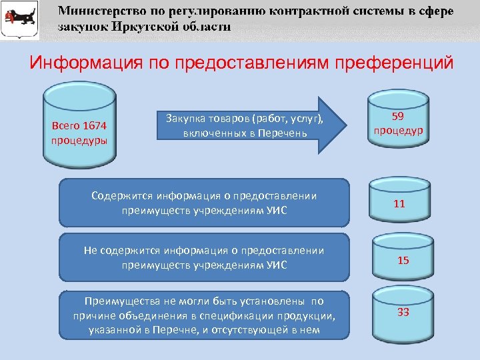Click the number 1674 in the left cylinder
coord(97,125)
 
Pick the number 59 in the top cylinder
coord(399,115)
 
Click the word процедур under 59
coord(398,129)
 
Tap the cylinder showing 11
coord(399,204)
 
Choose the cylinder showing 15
coord(402,259)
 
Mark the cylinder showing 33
coord(402,313)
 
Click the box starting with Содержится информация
coord(204,203)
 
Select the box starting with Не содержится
coord(204,257)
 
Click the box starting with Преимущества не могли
coord(204,314)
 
